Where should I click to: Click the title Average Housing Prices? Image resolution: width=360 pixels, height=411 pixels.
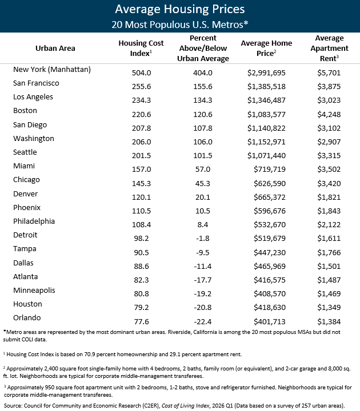[180, 9]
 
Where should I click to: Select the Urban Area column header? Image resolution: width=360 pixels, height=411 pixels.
[55, 48]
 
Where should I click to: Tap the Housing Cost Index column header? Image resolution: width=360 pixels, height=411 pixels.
[141, 48]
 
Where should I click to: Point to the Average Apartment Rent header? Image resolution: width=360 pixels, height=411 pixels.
[329, 48]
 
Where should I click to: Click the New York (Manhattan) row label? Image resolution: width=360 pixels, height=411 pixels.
[52, 70]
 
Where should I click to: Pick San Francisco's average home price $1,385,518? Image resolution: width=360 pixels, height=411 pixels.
[266, 87]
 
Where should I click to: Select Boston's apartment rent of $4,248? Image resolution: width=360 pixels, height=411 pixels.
[329, 114]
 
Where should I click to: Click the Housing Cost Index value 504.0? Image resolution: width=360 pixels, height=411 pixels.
[142, 72]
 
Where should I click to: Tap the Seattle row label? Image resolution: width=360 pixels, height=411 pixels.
[25, 152]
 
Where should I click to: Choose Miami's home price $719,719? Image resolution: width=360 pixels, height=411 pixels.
[270, 169]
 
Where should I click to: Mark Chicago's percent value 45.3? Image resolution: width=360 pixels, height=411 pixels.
[202, 183]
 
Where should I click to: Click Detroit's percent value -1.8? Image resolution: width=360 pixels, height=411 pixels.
[202, 238]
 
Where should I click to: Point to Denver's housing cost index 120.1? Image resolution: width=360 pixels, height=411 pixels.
[142, 197]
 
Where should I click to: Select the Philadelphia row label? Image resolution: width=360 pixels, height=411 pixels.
[34, 221]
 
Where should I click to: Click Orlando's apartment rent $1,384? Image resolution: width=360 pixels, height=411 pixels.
[329, 321]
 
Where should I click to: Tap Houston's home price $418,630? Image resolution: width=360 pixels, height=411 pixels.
[270, 307]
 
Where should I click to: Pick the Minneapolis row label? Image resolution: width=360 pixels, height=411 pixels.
[34, 290]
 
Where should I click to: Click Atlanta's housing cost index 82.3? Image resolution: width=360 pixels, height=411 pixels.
[142, 280]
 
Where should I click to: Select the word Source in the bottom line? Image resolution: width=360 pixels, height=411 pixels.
[13, 405]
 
